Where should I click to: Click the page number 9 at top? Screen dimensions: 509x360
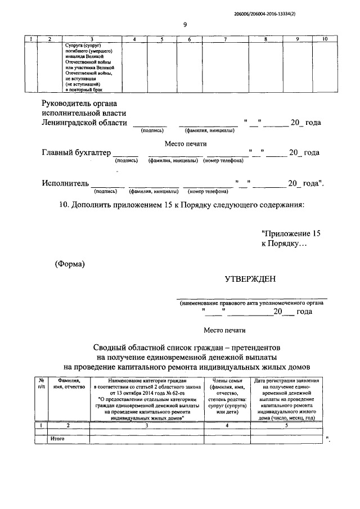[185, 24]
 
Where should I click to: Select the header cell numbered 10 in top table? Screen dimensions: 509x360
[325, 39]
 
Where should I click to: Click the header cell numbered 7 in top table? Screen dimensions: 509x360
[225, 39]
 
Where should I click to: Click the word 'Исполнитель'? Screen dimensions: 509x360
[65, 183]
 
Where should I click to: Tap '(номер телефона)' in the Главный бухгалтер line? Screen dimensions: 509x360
[224, 160]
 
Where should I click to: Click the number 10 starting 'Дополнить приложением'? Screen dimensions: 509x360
[63, 205]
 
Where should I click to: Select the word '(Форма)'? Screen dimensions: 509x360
[69, 264]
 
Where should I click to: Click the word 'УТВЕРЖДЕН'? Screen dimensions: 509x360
[250, 279]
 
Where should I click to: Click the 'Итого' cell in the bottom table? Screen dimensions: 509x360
[57, 437]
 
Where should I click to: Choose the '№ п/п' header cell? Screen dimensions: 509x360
[40, 384]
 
